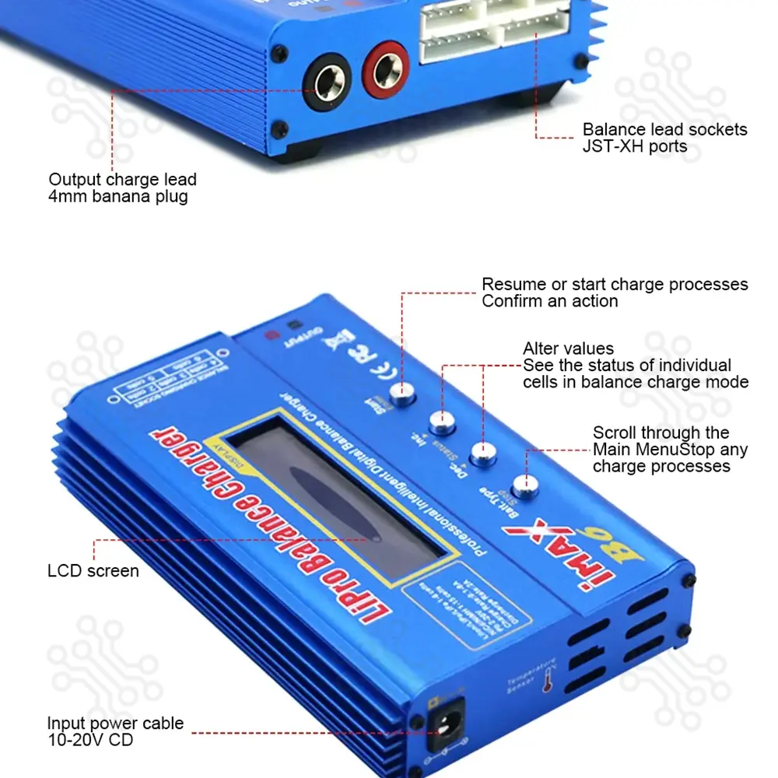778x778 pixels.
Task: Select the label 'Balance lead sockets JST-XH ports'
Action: (664, 138)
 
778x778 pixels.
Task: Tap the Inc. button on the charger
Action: (443, 422)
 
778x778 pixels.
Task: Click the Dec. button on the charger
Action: (484, 453)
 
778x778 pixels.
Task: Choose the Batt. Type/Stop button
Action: (526, 484)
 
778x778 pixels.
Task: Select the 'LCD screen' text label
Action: (93, 571)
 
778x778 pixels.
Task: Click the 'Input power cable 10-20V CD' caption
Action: (115, 732)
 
